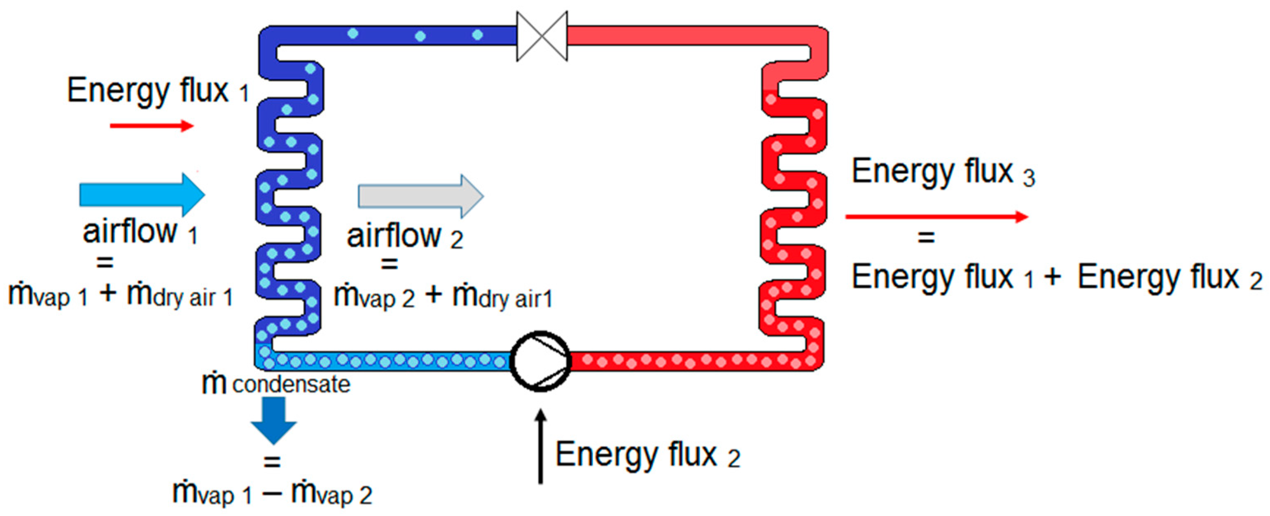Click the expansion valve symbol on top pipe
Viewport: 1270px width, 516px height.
coord(542,36)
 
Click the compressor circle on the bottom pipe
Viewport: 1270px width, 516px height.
coord(540,361)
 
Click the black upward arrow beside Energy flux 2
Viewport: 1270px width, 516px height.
coord(541,446)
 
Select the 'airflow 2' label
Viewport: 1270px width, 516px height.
coord(405,237)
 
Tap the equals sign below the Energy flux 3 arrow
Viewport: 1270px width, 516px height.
coord(926,238)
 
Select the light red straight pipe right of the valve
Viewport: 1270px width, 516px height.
coord(690,36)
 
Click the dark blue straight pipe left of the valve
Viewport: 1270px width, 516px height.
coord(395,36)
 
